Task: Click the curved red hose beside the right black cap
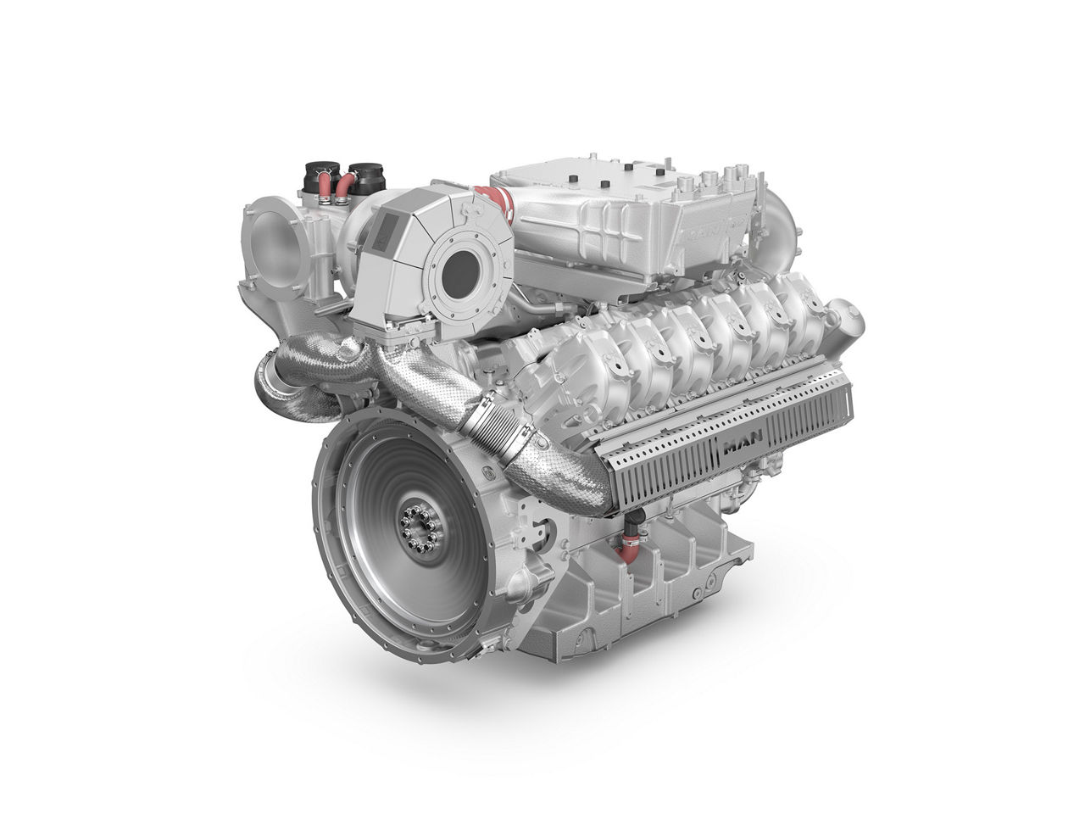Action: coord(346,187)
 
